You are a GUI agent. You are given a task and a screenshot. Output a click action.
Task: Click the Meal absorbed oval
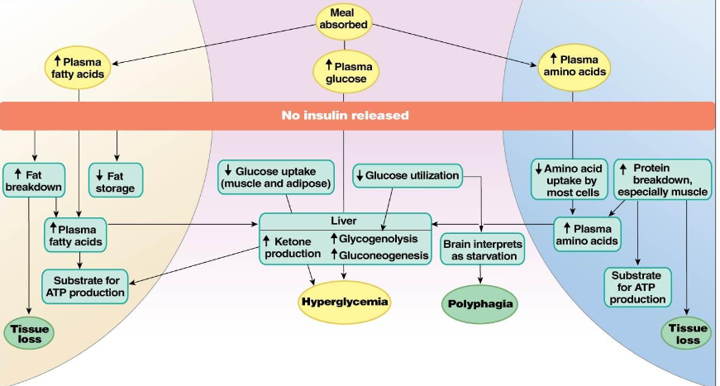[343, 19]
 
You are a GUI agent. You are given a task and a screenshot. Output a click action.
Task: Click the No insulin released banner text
[345, 115]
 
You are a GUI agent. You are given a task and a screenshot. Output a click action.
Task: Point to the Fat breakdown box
[34, 179]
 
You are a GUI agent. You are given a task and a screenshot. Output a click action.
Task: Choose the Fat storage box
[116, 180]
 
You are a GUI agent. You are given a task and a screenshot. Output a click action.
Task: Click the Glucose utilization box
[406, 175]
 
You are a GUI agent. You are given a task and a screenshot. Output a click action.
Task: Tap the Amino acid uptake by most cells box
[570, 180]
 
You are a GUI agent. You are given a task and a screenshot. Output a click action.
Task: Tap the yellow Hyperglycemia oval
[344, 302]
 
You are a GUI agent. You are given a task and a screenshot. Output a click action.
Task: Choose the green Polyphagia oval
[480, 303]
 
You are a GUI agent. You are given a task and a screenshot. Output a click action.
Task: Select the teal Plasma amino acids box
[586, 234]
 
